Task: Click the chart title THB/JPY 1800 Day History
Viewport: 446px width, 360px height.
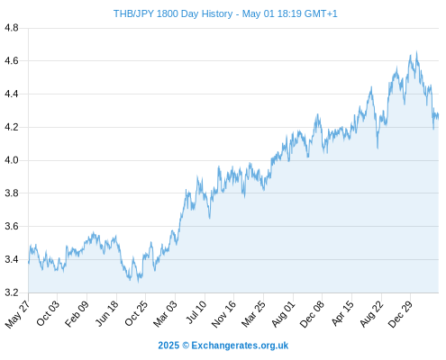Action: [173, 13]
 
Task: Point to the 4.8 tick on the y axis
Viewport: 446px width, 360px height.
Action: [12, 28]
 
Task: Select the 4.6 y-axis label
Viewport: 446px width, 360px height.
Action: [12, 61]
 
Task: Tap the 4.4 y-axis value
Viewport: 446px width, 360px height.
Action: [12, 94]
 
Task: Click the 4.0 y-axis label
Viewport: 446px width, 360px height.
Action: [12, 160]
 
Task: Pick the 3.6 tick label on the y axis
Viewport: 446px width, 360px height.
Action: [12, 226]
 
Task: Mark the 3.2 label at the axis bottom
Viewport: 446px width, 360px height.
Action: [12, 292]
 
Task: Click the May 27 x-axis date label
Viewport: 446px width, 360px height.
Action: [17, 314]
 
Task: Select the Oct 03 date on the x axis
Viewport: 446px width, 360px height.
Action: [48, 313]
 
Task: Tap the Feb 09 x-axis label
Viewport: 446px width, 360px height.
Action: [77, 313]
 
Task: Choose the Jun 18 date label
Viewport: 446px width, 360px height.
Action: [107, 313]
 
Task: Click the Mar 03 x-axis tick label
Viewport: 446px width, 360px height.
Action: [165, 314]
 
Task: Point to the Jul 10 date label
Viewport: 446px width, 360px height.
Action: [196, 312]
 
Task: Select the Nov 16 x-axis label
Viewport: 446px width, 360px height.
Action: [223, 314]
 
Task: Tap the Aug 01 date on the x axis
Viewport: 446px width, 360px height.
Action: [284, 314]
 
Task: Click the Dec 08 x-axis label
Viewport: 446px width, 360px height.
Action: [313, 314]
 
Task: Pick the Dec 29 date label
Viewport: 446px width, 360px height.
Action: [400, 314]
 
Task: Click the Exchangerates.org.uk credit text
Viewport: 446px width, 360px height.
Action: [240, 346]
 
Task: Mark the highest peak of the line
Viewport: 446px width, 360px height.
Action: [416, 52]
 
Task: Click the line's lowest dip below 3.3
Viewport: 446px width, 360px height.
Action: [138, 282]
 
